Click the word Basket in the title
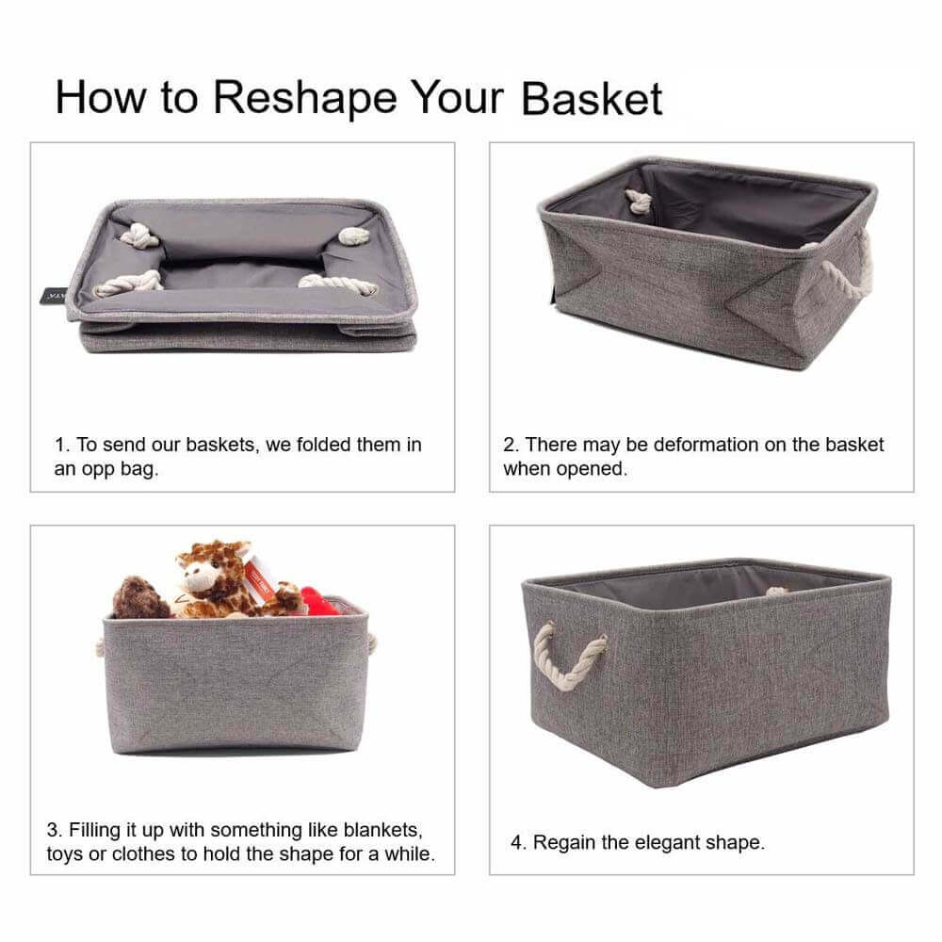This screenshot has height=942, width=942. [x=592, y=98]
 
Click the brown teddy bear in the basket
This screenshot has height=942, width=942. [x=141, y=598]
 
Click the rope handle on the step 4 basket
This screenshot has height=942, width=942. [x=567, y=656]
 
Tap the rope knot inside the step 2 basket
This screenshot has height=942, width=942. [x=638, y=201]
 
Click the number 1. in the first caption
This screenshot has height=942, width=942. [x=61, y=445]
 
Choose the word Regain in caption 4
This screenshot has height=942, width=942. [x=563, y=842]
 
